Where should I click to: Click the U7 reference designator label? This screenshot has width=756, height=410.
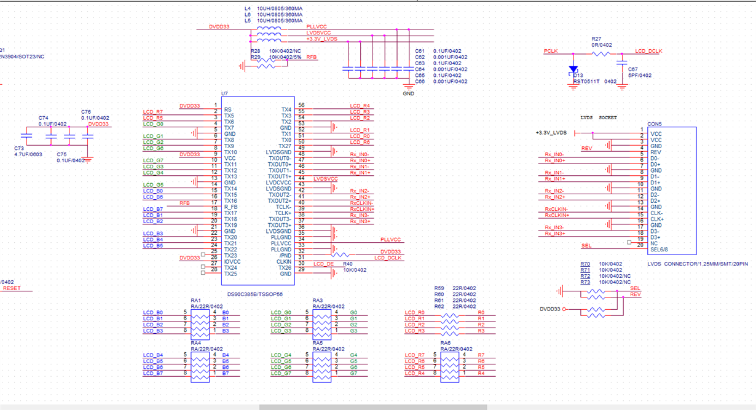click(224, 93)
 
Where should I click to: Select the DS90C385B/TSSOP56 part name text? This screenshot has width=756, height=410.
click(256, 294)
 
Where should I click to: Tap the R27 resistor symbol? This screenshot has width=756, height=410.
click(601, 53)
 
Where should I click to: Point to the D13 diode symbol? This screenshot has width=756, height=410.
click(573, 69)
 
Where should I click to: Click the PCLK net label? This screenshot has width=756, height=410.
click(551, 51)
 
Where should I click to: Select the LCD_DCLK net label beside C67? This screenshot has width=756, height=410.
click(648, 51)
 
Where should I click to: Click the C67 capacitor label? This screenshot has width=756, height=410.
click(632, 69)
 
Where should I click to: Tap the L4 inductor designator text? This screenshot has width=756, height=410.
click(248, 8)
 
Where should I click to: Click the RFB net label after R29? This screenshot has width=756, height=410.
click(312, 57)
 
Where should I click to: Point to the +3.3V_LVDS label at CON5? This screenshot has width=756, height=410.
click(551, 133)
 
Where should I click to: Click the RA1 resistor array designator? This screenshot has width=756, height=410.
click(195, 300)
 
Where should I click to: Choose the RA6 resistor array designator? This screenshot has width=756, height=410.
click(446, 343)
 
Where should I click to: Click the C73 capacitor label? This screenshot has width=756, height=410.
click(20, 148)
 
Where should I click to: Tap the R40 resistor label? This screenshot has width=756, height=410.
click(348, 264)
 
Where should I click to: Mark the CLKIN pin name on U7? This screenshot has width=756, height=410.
click(283, 262)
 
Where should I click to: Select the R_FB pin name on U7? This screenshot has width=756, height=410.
click(230, 207)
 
